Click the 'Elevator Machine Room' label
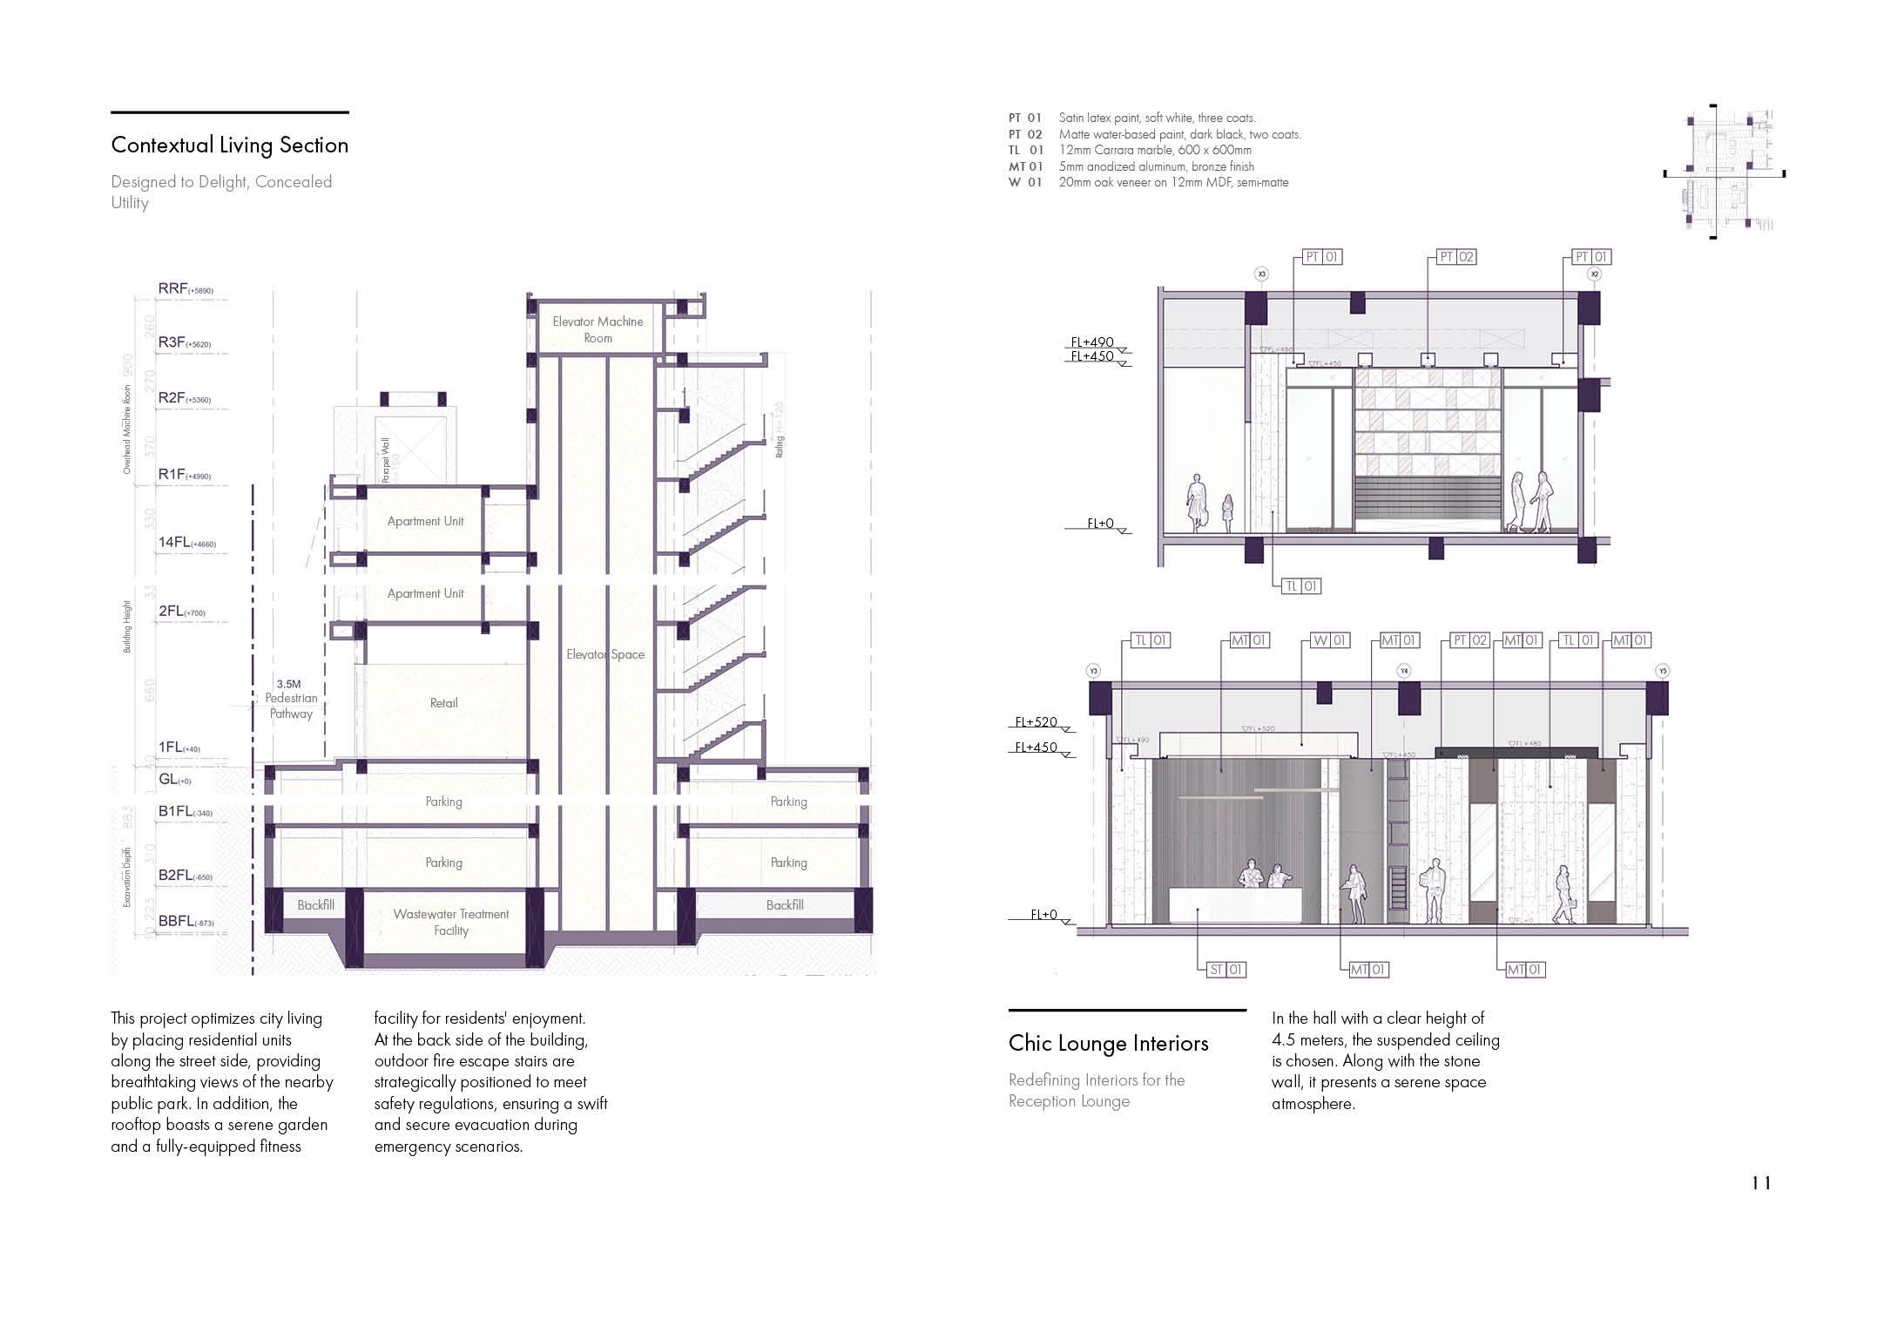(x=598, y=329)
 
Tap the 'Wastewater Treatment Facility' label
(x=450, y=922)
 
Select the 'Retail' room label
(x=443, y=703)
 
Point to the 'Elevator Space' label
(x=605, y=654)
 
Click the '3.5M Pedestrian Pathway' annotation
(x=291, y=699)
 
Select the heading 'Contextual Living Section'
(x=230, y=145)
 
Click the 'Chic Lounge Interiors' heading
(x=1108, y=1044)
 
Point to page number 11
(x=1761, y=1183)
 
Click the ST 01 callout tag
(x=1226, y=969)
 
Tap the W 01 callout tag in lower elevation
(x=1329, y=640)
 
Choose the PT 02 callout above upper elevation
(x=1456, y=257)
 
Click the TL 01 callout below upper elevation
(x=1301, y=586)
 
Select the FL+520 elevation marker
(x=1037, y=722)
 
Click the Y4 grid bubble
(x=1403, y=671)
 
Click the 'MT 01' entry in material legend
(x=1025, y=166)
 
